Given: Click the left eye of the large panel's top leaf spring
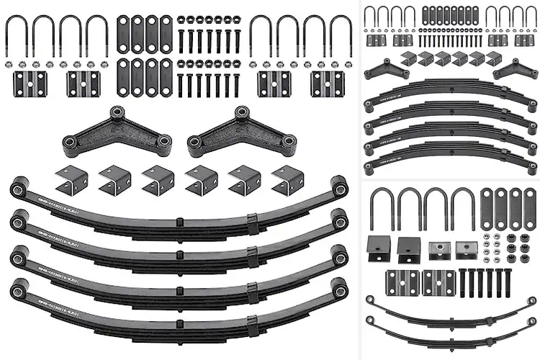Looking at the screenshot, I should (17, 189).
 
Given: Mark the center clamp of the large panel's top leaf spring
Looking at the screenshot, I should (176, 217).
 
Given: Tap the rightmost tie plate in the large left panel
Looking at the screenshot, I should (325, 84).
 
